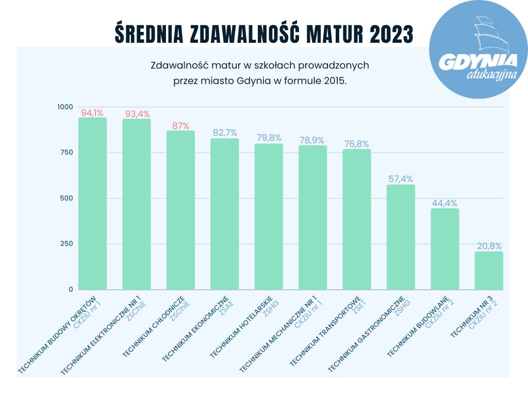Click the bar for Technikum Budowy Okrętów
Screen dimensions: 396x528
pos(92,204)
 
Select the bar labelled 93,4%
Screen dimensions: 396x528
pos(137,204)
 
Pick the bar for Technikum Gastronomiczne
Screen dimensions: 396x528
pos(401,237)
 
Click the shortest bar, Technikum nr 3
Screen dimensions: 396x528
pos(488,271)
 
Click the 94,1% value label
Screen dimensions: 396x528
pos(92,112)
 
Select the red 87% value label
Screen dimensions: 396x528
pos(180,125)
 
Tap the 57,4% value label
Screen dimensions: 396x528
pos(401,179)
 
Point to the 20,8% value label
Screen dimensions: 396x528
pos(489,246)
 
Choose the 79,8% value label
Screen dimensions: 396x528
pos(269,138)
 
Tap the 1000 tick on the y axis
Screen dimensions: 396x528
pos(65,107)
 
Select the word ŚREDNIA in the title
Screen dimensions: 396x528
pos(147,34)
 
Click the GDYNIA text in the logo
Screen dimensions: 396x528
pos(477,61)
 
